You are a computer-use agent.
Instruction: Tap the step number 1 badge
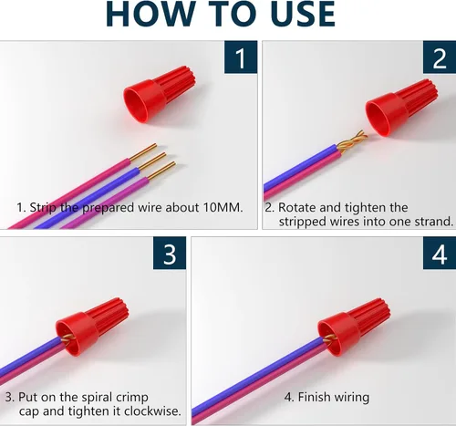point(241,57)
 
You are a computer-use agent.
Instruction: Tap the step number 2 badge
point(440,57)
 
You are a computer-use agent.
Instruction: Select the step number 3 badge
point(170,253)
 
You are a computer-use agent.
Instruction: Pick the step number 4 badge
point(440,253)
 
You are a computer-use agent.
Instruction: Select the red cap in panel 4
point(354,327)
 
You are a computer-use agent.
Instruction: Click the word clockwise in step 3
point(152,411)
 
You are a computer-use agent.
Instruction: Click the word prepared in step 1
point(109,208)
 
